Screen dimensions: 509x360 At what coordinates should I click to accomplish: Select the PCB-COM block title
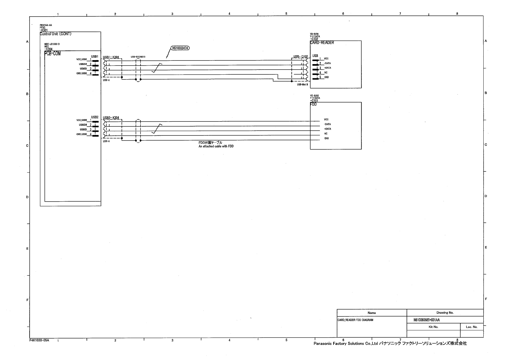coord(53,54)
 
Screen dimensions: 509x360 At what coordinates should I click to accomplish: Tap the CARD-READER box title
coord(322,43)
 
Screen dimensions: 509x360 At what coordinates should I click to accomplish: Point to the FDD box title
coord(313,104)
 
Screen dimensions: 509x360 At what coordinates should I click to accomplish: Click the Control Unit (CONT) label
coord(56,34)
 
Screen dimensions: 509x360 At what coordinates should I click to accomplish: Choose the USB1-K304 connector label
coord(111,57)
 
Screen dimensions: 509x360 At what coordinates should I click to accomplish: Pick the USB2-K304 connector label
coord(111,118)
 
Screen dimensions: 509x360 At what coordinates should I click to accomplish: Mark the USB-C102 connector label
coord(301,57)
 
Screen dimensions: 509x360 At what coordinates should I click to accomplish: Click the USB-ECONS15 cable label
coord(138,57)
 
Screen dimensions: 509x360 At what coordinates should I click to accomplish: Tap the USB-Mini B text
coord(302,84)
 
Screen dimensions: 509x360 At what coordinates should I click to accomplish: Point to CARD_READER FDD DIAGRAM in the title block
coord(355,320)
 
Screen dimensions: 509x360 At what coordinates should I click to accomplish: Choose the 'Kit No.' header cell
coord(433,327)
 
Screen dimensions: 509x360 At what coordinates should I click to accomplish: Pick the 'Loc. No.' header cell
coord(471,327)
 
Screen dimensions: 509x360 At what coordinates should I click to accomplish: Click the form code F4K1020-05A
coord(39,340)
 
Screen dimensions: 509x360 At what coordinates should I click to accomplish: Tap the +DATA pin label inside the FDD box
coord(327,129)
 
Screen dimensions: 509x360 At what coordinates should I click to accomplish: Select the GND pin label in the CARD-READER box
coord(327,77)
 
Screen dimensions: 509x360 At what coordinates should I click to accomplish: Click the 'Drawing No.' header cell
coord(445,313)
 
